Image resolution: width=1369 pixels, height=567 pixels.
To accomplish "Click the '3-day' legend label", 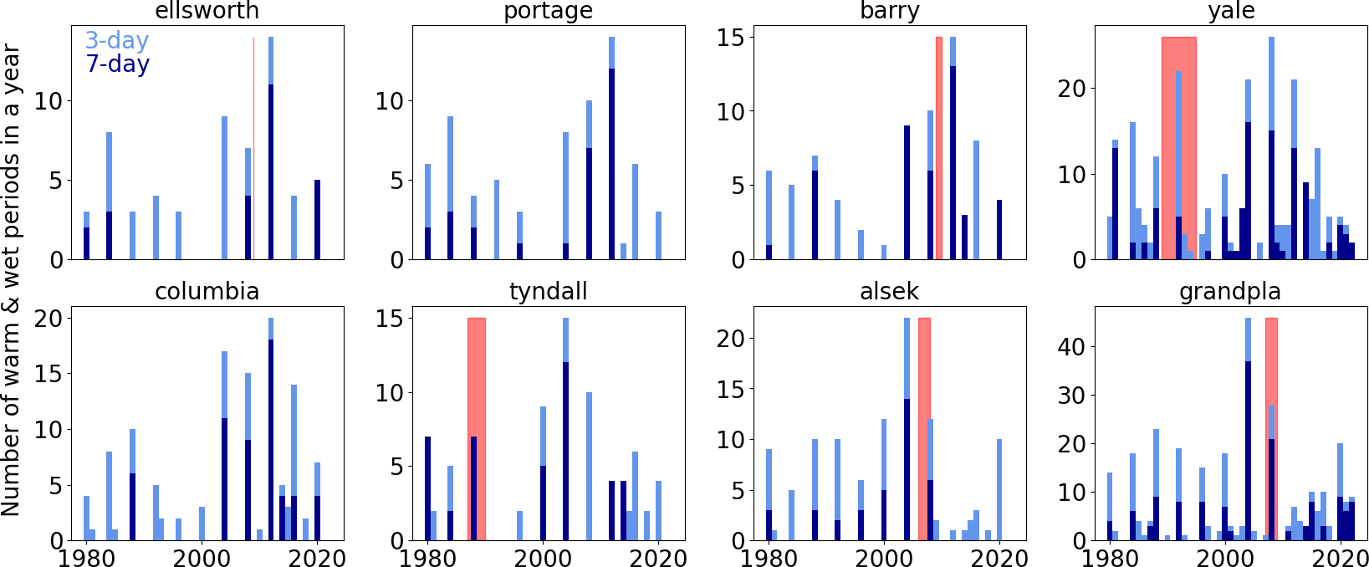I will [116, 40].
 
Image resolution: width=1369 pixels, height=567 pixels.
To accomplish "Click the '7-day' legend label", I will [117, 64].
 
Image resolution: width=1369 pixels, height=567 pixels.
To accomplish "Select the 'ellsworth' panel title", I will [207, 11].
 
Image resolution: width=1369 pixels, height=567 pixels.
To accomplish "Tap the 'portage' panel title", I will [548, 11].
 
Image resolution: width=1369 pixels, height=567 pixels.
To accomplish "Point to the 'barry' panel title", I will [889, 11].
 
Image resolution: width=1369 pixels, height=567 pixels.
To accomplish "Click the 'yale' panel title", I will [1231, 11].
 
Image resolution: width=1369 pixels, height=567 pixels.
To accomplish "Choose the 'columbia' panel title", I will [207, 291].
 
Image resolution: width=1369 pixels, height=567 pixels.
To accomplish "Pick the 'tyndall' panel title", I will [548, 291].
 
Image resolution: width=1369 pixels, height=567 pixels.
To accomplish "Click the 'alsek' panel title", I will [889, 291].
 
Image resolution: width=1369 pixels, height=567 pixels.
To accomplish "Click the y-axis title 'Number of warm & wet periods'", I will [11, 280].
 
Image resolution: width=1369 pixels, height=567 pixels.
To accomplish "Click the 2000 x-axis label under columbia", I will [201, 558].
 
